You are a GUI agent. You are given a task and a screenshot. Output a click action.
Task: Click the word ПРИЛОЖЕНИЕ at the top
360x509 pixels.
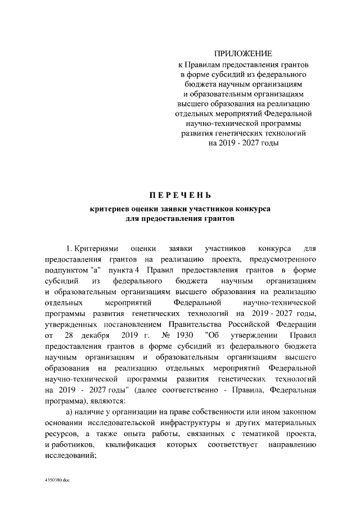pos(244,53)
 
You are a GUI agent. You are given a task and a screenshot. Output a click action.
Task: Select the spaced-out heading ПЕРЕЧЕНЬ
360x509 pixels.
pos(180,196)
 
